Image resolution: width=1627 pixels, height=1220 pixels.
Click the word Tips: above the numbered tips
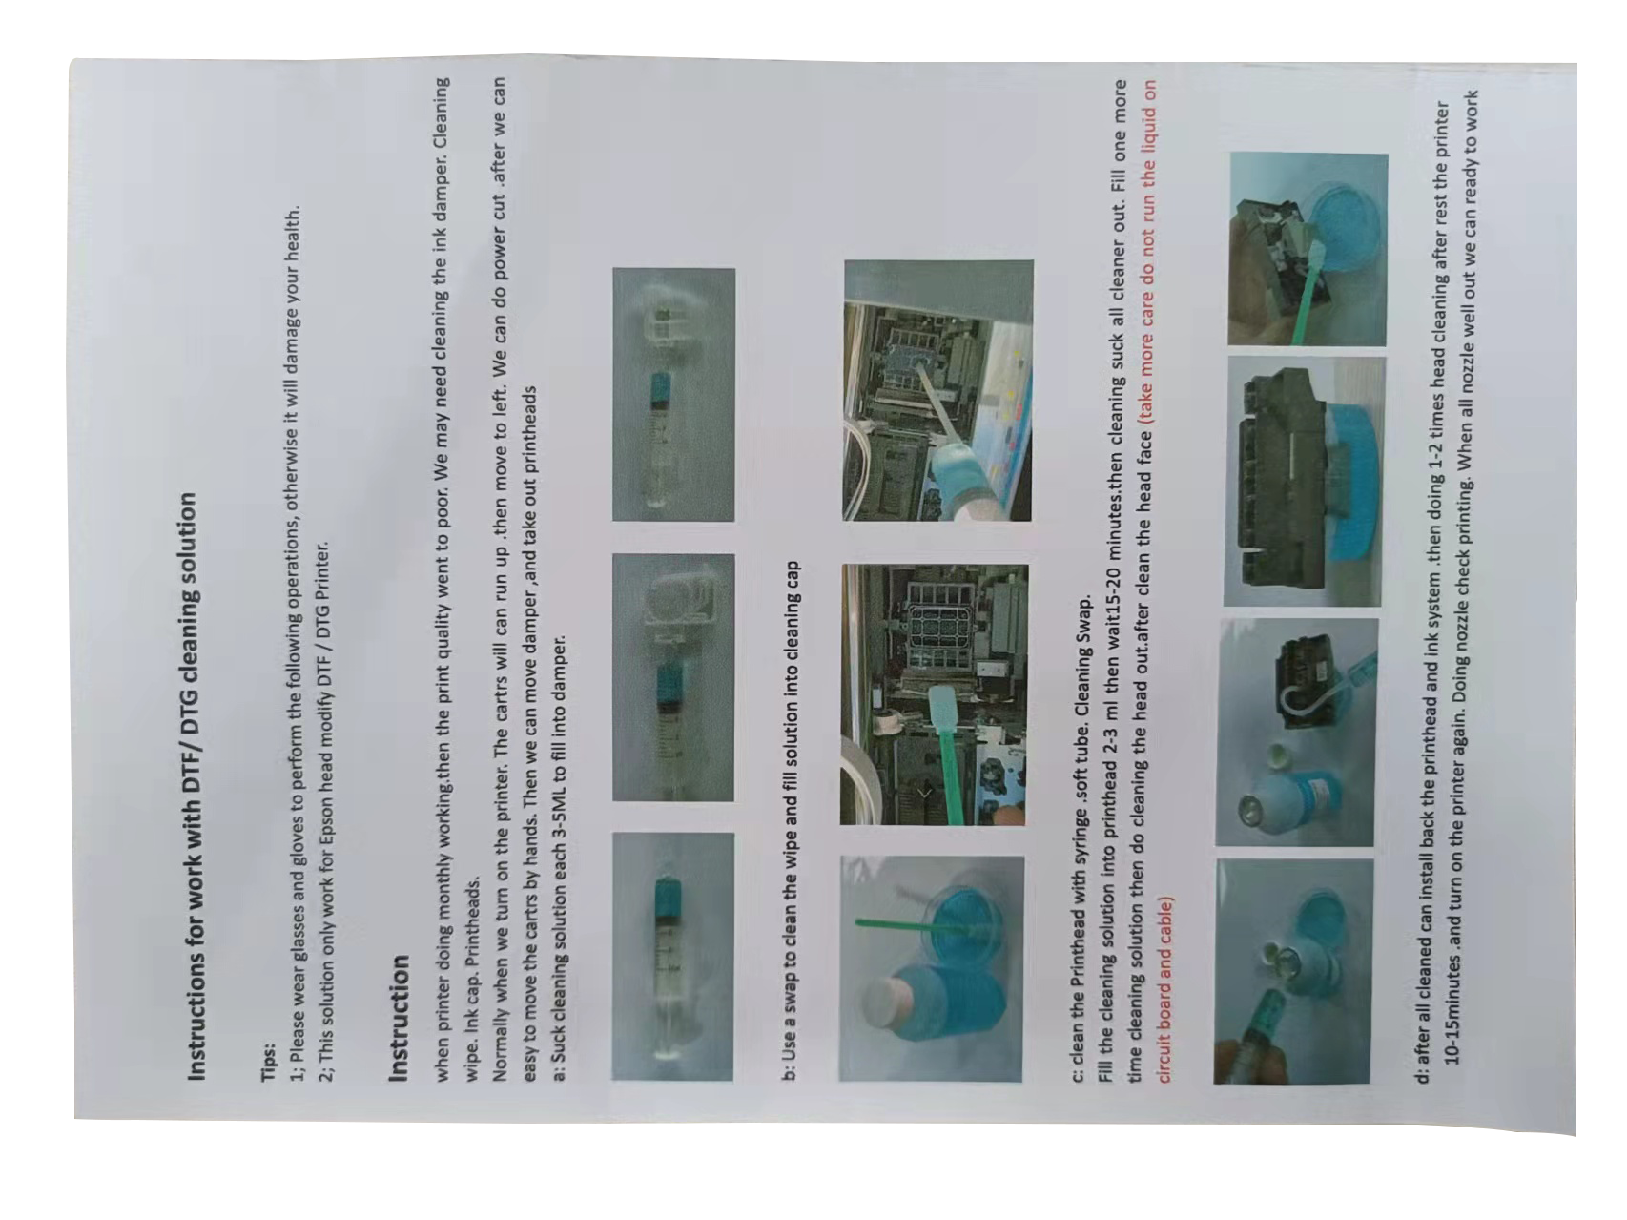pyautogui.click(x=268, y=1061)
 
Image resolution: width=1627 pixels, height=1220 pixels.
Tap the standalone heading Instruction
pyautogui.click(x=400, y=1017)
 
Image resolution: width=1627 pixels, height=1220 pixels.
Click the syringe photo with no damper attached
pyautogui.click(x=672, y=956)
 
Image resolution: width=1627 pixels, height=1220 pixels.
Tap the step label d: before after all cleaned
pyautogui.click(x=1423, y=1074)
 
